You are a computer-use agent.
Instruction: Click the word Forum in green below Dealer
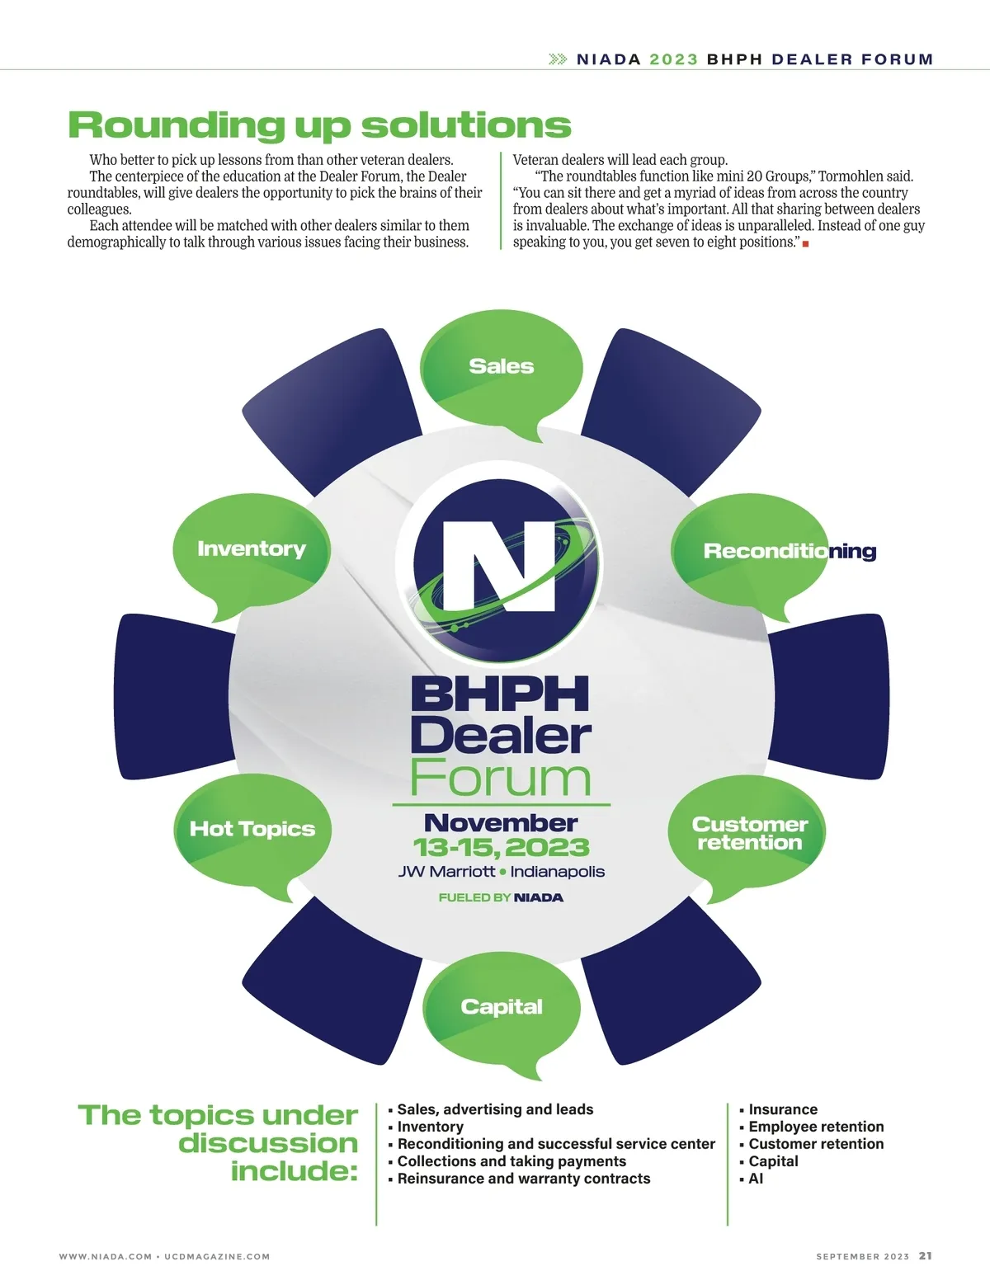click(x=501, y=778)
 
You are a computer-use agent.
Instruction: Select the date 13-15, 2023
click(x=501, y=848)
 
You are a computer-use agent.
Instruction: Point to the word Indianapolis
click(x=558, y=872)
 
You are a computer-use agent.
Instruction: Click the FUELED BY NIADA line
click(x=501, y=897)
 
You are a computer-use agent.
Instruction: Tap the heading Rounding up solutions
click(x=319, y=125)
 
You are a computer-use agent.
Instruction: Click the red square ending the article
click(x=805, y=244)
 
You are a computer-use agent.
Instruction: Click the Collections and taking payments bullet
click(x=511, y=1161)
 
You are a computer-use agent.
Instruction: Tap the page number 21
click(x=926, y=1255)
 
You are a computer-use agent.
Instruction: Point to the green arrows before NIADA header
click(x=558, y=59)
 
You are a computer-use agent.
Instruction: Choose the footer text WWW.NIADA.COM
click(x=106, y=1256)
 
